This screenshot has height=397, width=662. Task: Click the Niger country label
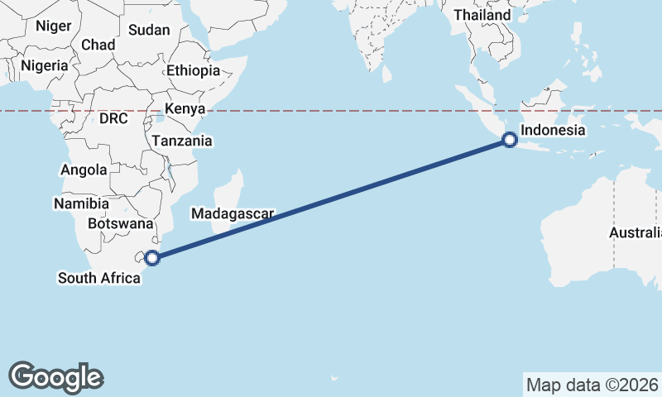pos(53,26)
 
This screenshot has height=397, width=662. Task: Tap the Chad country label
pos(98,45)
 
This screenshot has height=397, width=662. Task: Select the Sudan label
pos(149,30)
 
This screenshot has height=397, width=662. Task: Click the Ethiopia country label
pos(193,70)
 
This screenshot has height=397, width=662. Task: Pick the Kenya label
pos(184,109)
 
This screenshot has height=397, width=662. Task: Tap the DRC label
pos(113,118)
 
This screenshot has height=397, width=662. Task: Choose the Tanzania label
pos(182,141)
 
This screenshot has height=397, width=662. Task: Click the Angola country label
pos(84,170)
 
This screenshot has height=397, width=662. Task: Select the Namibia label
pos(81,203)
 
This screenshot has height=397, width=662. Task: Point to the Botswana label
pos(120,223)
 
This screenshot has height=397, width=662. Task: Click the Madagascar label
pos(233,213)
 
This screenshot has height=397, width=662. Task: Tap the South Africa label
pos(98,278)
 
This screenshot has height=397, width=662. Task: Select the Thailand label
pos(482,15)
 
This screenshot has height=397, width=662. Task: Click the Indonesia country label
pos(553,131)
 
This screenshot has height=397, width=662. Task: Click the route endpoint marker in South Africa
pos(152,258)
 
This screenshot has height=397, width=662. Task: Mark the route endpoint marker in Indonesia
pos(510,141)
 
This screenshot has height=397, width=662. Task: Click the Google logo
pos(55,376)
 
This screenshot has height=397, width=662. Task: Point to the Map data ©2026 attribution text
pos(592,385)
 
